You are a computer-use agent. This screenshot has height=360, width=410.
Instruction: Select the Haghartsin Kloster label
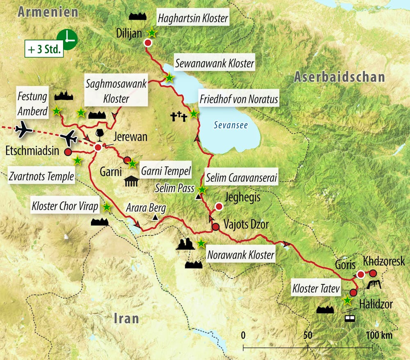pos(192,18)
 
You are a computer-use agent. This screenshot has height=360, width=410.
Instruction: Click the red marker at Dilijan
pos(148,43)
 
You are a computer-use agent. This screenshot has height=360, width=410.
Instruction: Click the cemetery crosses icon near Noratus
pos(179,118)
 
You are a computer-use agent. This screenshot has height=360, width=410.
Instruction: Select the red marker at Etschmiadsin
pos(68,152)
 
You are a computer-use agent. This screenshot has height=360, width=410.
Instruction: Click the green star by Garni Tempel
pos(132,164)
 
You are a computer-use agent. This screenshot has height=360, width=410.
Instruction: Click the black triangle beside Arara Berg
pos(155,217)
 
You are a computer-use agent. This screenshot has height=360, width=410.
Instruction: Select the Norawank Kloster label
pos(240,255)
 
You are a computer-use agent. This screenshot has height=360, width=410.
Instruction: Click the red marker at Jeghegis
pos(219,207)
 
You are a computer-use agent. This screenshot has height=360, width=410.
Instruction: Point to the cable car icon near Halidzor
pos(349,316)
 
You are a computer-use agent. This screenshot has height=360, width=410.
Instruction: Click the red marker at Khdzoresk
pos(373,273)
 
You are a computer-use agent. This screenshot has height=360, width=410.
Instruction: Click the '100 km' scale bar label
pos(379,335)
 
